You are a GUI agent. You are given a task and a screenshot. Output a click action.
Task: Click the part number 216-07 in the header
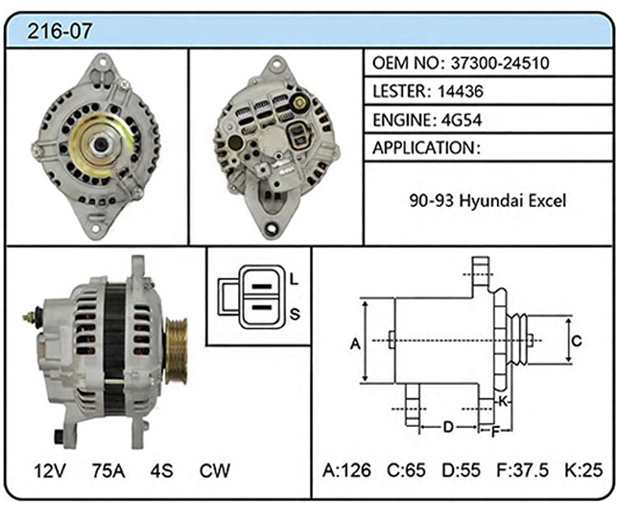[59, 31]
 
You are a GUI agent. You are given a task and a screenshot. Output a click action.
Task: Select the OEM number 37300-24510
[500, 63]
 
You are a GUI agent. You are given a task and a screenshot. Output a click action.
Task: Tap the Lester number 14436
[460, 92]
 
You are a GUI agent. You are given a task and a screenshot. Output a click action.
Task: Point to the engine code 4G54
[461, 120]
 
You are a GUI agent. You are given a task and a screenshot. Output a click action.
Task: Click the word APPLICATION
[424, 148]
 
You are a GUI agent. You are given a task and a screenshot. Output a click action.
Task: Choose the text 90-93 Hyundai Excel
[488, 200]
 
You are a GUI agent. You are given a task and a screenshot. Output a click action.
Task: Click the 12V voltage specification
[49, 470]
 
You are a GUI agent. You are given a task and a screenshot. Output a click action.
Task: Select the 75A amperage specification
[109, 470]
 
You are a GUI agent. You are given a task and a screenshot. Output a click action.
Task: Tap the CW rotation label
[214, 470]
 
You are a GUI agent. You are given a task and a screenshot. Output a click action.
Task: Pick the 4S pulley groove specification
[162, 470]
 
